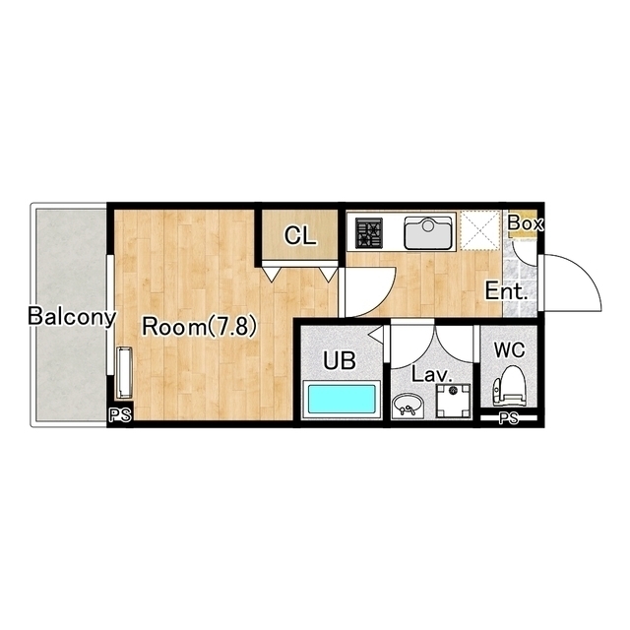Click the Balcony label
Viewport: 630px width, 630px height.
point(72,317)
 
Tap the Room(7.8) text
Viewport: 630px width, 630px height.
point(199,326)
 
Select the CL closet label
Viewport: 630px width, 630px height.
point(300,235)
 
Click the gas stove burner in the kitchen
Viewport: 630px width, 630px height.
point(368,232)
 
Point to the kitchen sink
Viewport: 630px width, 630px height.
point(428,232)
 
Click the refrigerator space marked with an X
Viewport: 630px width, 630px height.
point(479,231)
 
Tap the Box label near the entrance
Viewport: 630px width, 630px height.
point(526,223)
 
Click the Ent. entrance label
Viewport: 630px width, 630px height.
point(506,291)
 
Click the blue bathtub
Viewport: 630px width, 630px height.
point(342,399)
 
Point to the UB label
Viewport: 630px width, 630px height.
point(340,360)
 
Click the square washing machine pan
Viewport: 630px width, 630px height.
point(454,401)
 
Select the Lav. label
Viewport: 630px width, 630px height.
point(432,375)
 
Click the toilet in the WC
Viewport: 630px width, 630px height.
point(510,385)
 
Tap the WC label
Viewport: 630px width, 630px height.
point(510,350)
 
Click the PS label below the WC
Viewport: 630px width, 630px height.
point(509,418)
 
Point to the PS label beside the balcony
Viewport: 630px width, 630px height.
point(120,415)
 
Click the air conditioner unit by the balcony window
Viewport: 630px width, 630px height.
point(124,373)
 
